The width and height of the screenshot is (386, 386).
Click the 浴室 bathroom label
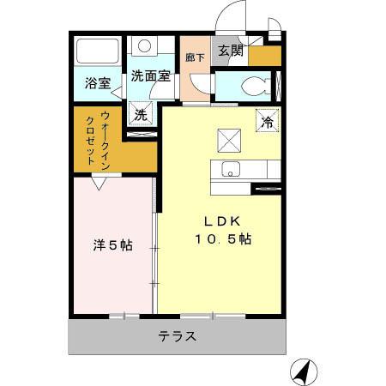point(97,83)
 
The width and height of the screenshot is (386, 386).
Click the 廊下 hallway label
point(195,57)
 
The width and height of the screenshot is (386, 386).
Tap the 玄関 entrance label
point(230,51)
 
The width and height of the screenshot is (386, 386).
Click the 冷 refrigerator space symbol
point(267,121)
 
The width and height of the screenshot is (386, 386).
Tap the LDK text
point(220,218)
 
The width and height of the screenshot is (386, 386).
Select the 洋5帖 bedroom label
point(112,245)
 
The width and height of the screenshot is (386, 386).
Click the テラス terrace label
point(178,336)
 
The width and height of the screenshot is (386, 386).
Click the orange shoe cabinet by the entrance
point(264,55)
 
